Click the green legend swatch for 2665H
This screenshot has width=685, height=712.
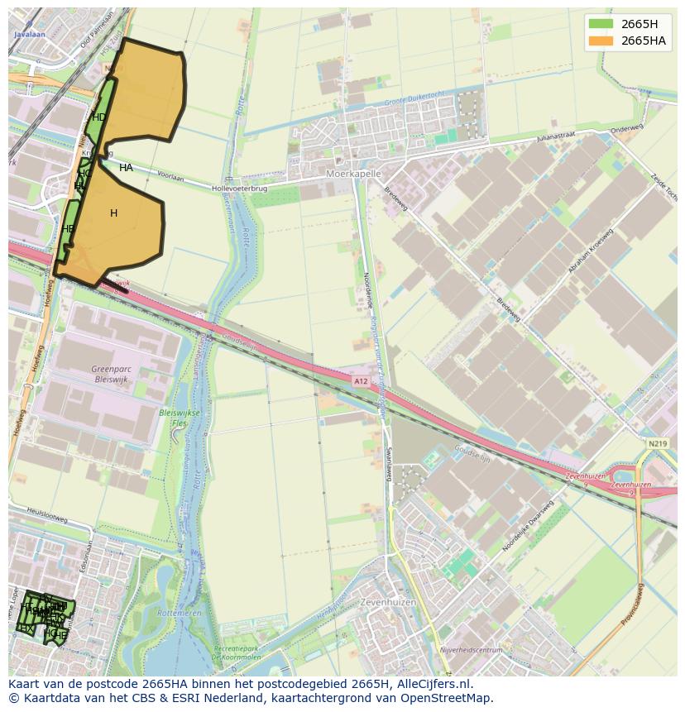[x=601, y=23]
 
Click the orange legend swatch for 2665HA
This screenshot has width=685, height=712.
[x=601, y=41]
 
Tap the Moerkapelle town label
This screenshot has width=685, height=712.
[x=353, y=174]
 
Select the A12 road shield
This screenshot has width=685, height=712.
[x=360, y=381]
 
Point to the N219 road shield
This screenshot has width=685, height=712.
[x=658, y=444]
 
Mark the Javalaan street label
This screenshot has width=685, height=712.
[x=29, y=35]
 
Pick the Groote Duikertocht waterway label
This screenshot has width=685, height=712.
[x=414, y=103]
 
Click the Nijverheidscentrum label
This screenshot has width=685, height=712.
[x=472, y=651]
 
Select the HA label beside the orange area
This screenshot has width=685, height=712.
[x=126, y=168]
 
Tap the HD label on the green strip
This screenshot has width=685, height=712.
[x=98, y=117]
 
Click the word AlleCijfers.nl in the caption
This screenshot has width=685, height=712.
[x=434, y=684]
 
